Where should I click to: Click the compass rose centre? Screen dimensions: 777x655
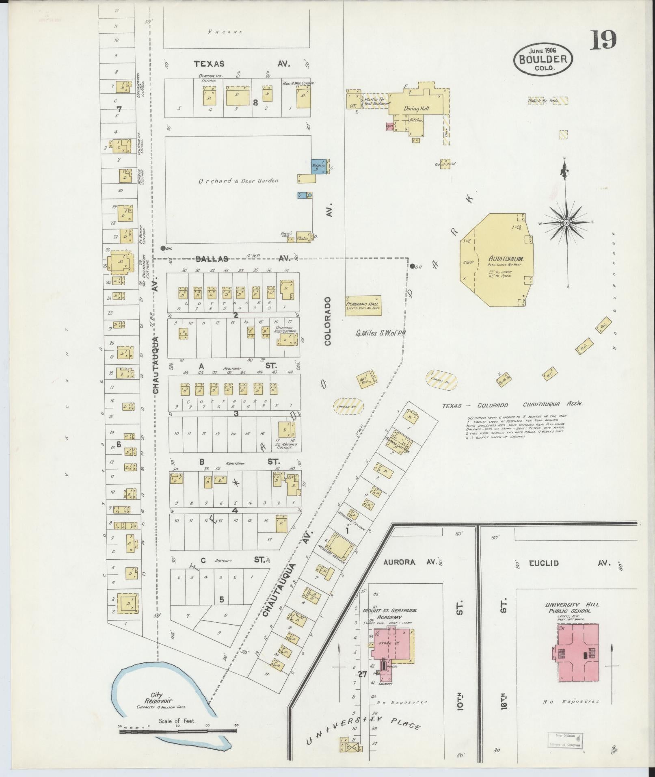coord(565,223)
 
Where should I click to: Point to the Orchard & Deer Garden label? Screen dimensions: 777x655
coord(238,181)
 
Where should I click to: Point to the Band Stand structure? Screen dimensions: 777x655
coord(445,164)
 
